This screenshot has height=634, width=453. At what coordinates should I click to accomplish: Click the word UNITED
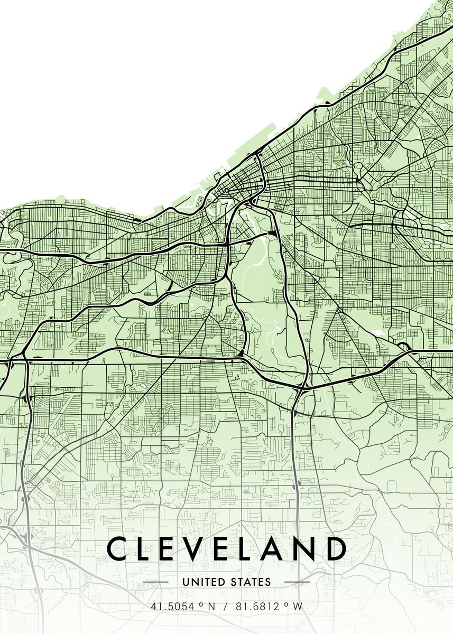200,582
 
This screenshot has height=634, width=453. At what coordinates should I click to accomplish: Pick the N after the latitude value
212,607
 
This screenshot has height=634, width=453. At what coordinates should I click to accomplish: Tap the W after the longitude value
298,607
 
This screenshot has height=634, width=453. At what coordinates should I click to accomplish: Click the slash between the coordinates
225,607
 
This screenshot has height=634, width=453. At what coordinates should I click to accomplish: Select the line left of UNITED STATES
156,582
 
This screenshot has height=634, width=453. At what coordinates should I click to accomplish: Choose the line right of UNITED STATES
297,582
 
